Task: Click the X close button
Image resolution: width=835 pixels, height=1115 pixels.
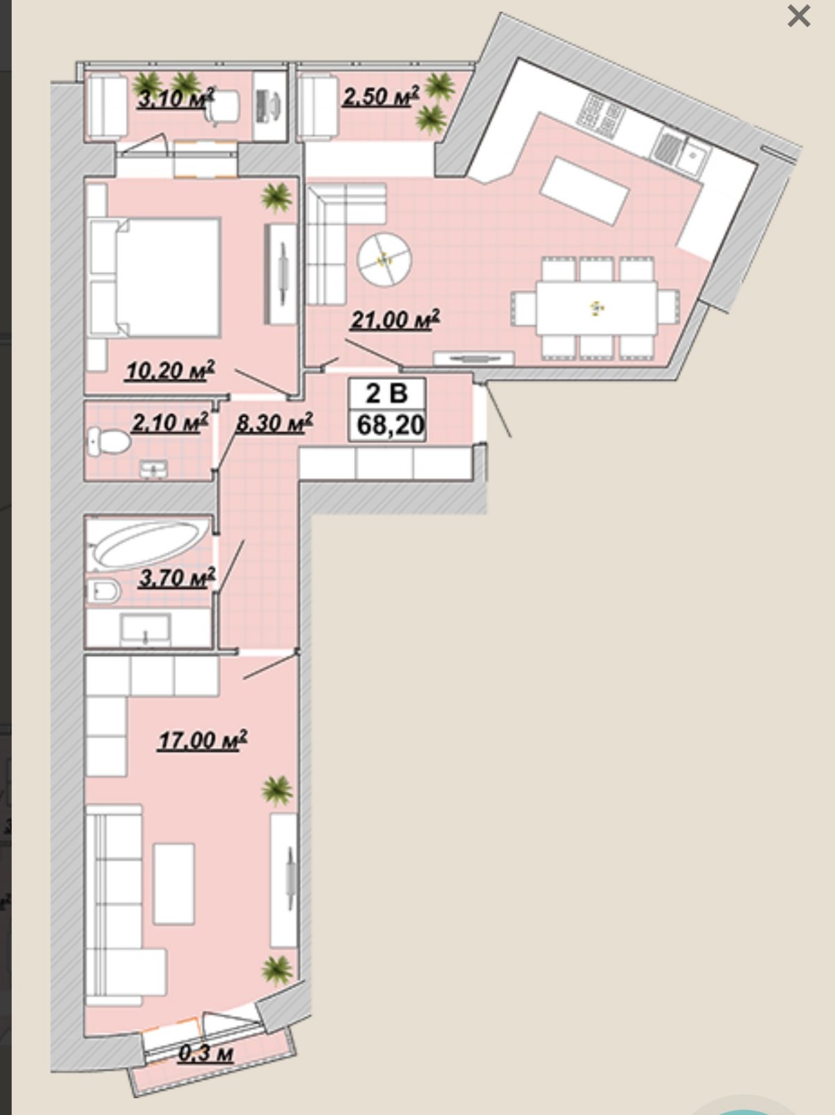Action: [x=799, y=16]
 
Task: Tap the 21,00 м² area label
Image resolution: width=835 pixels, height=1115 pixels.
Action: [x=396, y=319]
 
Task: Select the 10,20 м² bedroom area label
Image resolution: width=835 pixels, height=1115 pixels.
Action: [x=170, y=371]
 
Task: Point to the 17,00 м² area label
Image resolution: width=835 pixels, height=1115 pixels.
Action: [x=203, y=740]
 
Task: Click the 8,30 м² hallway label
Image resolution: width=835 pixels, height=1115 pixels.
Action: [x=274, y=422]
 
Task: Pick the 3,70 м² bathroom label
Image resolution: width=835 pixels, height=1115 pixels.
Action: [x=177, y=578]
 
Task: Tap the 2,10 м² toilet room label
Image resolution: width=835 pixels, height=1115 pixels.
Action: [x=170, y=422]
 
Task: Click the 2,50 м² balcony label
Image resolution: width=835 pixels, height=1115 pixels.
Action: [x=381, y=96]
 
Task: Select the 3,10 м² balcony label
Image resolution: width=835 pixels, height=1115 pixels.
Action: [x=176, y=98]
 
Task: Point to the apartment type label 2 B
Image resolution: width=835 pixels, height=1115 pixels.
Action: [x=387, y=393]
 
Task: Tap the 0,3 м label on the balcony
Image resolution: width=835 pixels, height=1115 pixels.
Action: [x=205, y=1054]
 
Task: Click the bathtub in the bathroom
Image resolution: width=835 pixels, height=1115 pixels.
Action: [x=150, y=543]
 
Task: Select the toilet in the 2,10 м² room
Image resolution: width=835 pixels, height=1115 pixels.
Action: [x=109, y=441]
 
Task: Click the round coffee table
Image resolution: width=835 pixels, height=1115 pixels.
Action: [x=384, y=260]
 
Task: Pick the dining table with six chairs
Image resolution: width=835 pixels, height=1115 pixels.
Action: [x=596, y=308]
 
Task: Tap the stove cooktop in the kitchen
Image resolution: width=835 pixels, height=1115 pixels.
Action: [x=600, y=116]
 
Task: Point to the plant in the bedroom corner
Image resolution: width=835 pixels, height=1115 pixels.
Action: [x=276, y=197]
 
